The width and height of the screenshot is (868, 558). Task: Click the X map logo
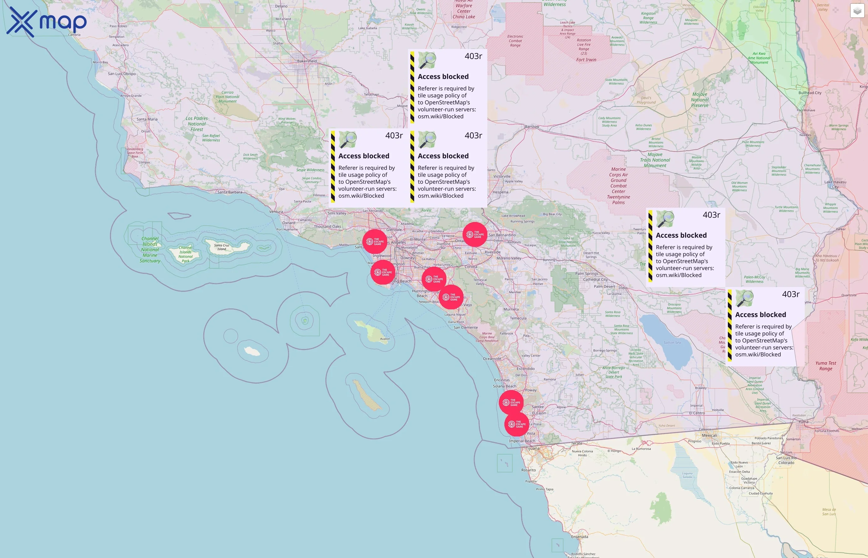tap(46, 22)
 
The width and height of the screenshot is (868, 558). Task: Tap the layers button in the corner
tap(857, 11)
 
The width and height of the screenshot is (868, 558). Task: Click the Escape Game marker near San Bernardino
tap(475, 234)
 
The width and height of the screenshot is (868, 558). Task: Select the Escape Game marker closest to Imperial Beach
tap(516, 424)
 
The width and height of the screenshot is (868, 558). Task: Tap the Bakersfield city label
tap(307, 61)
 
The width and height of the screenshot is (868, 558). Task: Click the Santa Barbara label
tap(230, 192)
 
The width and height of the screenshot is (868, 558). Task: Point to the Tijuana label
tap(533, 448)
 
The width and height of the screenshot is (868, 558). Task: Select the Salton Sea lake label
tap(672, 343)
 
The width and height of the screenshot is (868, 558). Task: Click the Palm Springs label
tap(587, 273)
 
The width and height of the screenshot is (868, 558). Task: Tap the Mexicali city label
tap(709, 435)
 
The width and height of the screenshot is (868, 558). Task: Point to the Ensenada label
tap(579, 537)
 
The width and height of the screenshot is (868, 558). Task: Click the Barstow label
tap(532, 126)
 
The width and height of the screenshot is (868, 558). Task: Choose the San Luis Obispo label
tap(122, 73)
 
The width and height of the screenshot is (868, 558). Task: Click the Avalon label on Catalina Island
tap(385, 339)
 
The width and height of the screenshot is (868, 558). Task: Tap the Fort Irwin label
tap(586, 60)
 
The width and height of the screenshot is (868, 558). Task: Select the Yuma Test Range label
tap(826, 365)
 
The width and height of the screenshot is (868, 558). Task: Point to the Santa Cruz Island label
tap(221, 247)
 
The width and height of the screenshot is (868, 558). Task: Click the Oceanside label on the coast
tap(492, 359)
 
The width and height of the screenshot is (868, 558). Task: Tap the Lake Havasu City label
tap(835, 184)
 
